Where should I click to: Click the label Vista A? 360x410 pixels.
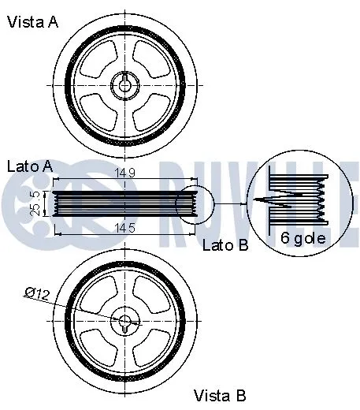(x=32, y=22)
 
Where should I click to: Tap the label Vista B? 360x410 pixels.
(x=220, y=394)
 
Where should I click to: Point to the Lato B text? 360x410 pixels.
(x=225, y=245)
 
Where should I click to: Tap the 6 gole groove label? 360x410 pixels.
(x=302, y=237)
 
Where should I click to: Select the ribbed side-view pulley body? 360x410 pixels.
(x=118, y=202)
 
